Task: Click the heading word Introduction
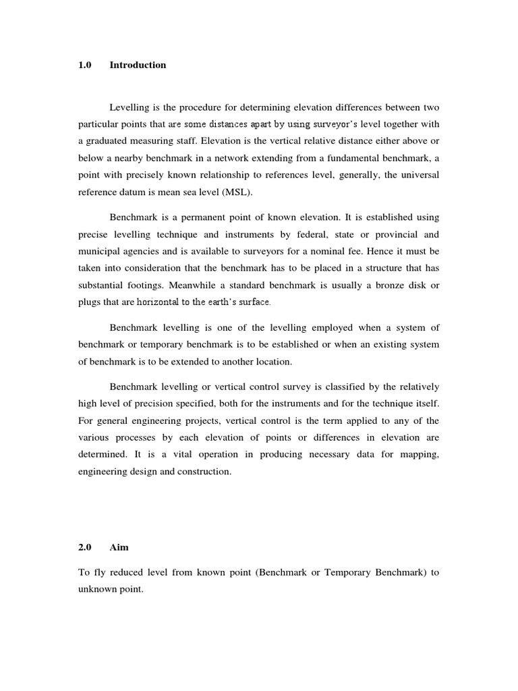[x=138, y=65]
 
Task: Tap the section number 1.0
[x=85, y=65]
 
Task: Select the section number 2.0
[x=85, y=549]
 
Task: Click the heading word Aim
[x=119, y=549]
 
